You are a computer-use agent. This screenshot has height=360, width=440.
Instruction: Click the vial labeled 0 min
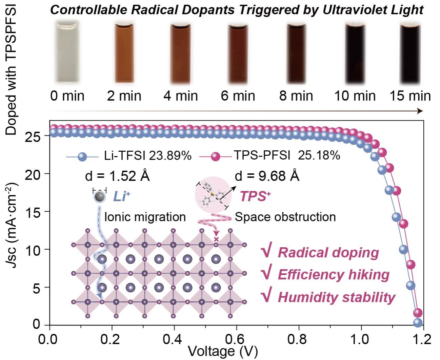[x=67, y=51]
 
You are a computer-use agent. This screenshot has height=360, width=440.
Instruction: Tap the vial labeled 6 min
[x=239, y=51]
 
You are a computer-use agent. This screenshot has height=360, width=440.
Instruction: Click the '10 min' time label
[x=355, y=96]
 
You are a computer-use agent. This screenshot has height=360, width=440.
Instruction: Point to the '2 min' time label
[x=124, y=96]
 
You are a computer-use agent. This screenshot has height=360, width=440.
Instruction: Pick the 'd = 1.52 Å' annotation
[x=117, y=176]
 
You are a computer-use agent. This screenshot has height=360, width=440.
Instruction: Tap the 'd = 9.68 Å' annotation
[x=267, y=176]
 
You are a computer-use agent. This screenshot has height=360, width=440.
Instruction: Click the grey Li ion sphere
[x=99, y=197]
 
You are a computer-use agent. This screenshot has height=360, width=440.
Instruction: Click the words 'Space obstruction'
[x=285, y=217]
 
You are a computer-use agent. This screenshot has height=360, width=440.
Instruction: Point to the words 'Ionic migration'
[x=145, y=217]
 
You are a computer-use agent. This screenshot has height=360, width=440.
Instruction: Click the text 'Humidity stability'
[x=336, y=297]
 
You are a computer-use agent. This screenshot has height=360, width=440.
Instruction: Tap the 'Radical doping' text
[x=328, y=253]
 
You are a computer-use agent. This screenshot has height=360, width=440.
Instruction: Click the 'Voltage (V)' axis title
[x=223, y=352]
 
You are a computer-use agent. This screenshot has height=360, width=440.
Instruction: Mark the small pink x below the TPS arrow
[x=216, y=239]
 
